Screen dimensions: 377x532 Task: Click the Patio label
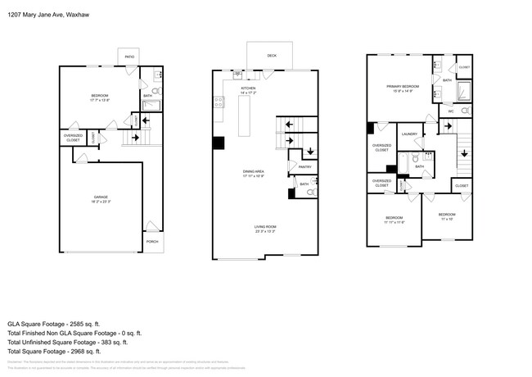(129, 57)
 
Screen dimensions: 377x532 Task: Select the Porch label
(152, 242)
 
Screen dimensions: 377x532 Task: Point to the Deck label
(271, 56)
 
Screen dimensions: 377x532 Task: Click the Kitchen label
(248, 89)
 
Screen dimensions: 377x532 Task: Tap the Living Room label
(264, 229)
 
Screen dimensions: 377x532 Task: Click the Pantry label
(304, 166)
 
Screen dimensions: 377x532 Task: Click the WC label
(450, 111)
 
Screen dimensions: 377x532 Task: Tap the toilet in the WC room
(464, 111)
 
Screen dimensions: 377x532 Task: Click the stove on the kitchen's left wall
(219, 102)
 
